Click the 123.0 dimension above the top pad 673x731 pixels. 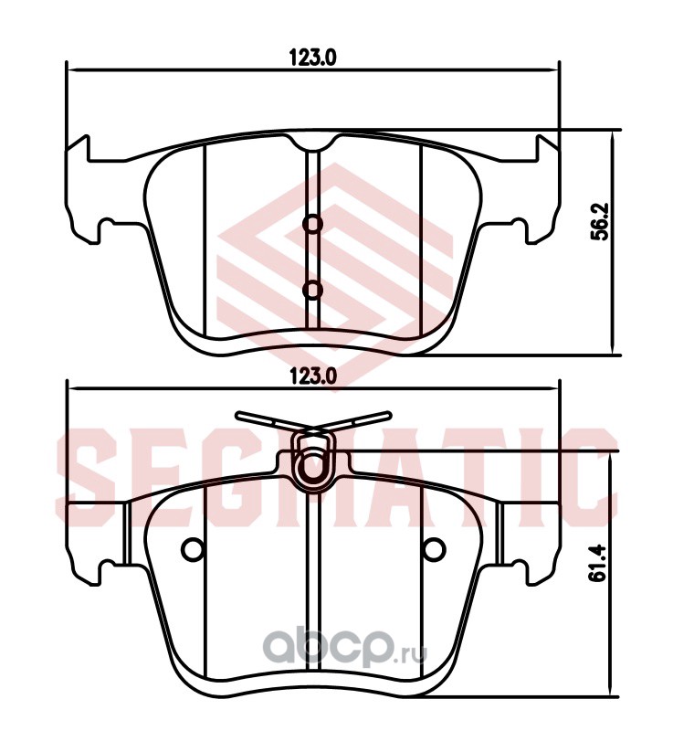point(312,58)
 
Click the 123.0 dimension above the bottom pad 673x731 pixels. point(312,376)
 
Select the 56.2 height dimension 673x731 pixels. point(599,221)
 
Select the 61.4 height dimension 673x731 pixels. point(597,562)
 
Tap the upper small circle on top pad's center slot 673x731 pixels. point(312,224)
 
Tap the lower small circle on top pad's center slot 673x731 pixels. point(312,290)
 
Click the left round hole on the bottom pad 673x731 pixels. point(193,549)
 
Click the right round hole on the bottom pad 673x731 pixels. point(434,549)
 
